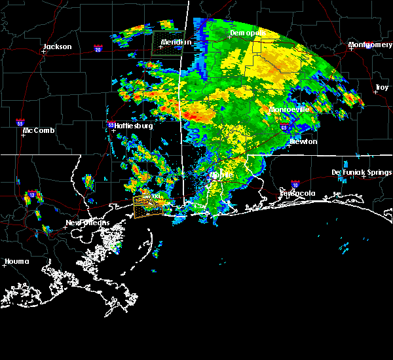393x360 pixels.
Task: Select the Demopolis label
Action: click(x=248, y=33)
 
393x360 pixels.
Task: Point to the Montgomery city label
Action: click(x=370, y=45)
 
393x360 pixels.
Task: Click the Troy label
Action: click(x=381, y=87)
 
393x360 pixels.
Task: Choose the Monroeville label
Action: click(x=289, y=109)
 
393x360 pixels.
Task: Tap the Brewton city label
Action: click(x=303, y=141)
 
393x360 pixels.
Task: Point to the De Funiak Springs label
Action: click(x=361, y=172)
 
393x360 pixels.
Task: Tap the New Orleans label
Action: click(x=87, y=223)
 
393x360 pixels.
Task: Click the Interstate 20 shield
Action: click(x=98, y=48)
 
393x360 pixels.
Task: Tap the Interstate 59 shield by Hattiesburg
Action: click(x=111, y=124)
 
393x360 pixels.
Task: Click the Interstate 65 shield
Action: click(x=284, y=129)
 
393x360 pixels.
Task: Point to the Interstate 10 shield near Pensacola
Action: click(x=295, y=185)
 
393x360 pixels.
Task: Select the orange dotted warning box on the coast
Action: click(x=151, y=206)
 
